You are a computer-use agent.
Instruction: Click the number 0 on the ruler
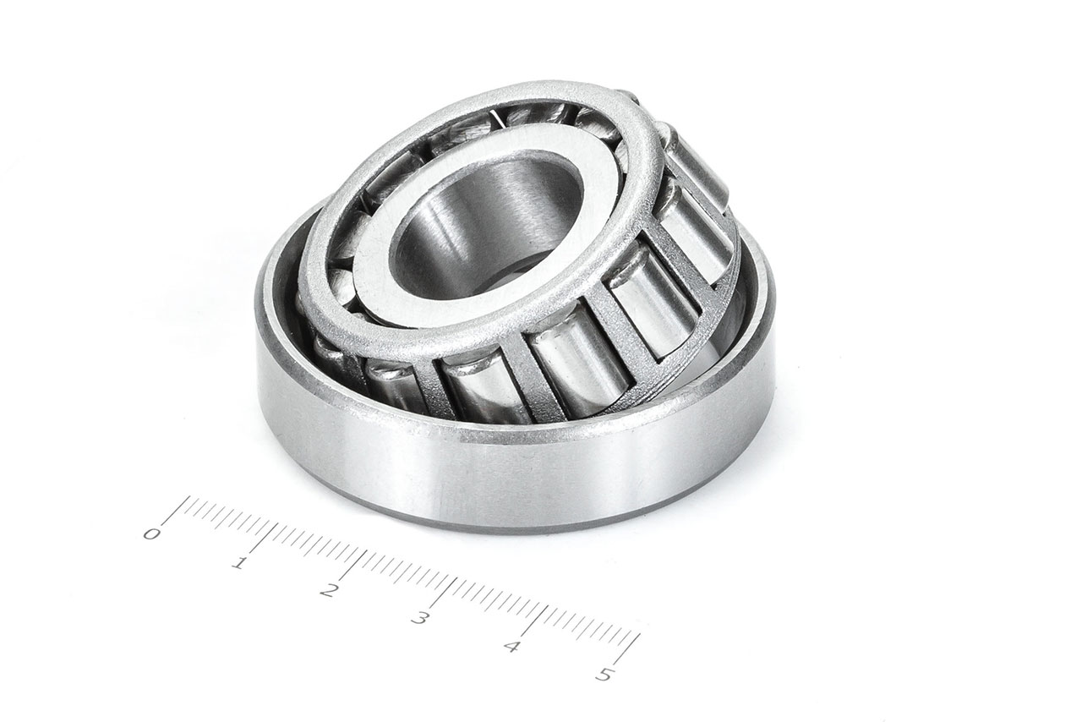pyautogui.click(x=152, y=534)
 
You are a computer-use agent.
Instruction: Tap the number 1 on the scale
pyautogui.click(x=239, y=563)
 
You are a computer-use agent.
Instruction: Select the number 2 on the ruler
pyautogui.click(x=329, y=591)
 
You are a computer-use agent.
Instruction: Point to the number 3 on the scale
pyautogui.click(x=419, y=619)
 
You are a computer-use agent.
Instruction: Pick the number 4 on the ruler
pyautogui.click(x=511, y=648)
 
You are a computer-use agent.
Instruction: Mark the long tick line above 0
pyautogui.click(x=175, y=510)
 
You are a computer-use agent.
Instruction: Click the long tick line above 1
pyautogui.click(x=265, y=537)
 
